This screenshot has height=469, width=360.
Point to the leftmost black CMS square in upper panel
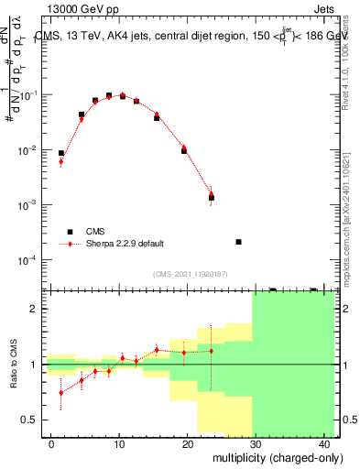[61, 154]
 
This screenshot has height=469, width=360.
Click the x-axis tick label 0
[51, 444]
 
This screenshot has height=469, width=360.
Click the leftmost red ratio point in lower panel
[61, 393]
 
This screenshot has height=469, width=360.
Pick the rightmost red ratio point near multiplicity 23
[212, 351]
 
